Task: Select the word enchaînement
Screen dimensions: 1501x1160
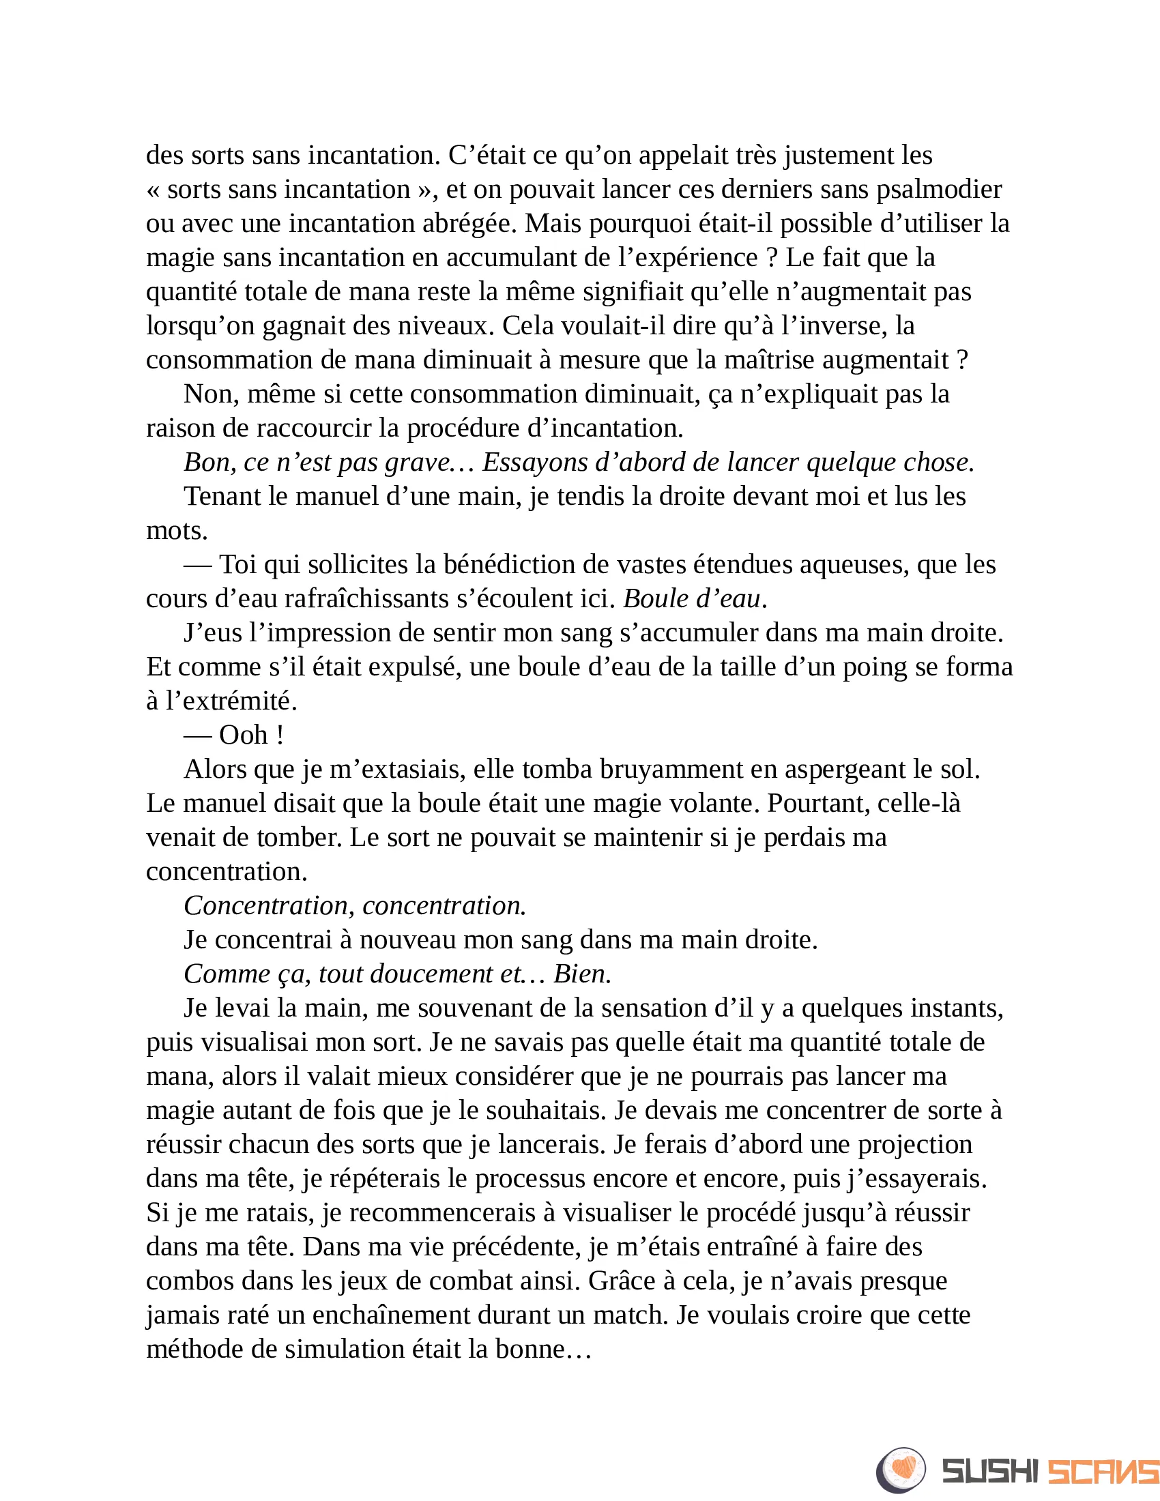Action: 386,1315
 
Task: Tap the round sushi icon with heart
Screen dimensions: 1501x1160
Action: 901,1470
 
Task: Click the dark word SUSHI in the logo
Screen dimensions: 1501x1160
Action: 990,1471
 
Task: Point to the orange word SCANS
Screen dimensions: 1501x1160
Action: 1101,1471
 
